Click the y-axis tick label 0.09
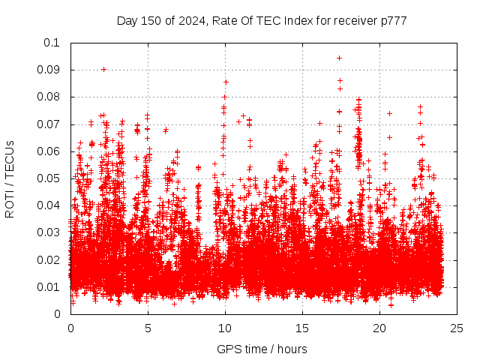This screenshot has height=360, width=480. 51,70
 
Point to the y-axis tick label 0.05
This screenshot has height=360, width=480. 51,178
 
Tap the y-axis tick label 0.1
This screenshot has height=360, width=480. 54,43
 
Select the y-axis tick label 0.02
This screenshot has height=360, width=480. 51,260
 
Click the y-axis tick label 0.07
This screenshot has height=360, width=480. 51,124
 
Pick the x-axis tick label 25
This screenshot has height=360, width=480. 457,328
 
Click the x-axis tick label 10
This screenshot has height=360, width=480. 225,328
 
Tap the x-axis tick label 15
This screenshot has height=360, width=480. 302,328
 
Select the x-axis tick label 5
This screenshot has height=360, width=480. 148,328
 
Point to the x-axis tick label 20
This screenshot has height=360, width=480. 379,328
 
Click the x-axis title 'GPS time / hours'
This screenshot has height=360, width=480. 262,349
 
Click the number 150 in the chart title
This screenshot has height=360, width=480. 152,20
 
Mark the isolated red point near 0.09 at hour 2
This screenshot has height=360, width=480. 103,69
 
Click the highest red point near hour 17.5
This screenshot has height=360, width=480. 339,58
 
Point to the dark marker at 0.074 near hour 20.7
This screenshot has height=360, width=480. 389,113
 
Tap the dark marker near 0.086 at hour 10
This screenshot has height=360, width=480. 225,82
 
